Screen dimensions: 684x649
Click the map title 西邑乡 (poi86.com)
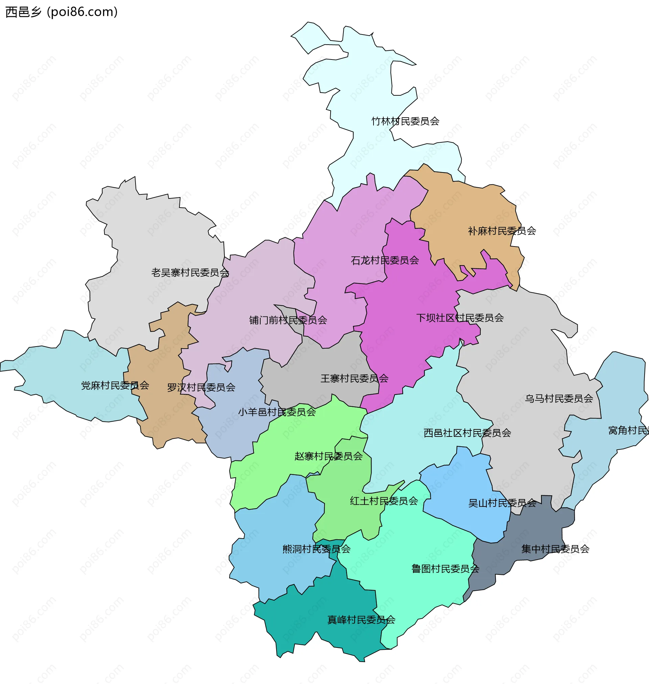pyautogui.click(x=62, y=12)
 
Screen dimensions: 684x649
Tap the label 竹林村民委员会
pyautogui.click(x=405, y=121)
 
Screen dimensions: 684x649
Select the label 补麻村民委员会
pyautogui.click(x=502, y=231)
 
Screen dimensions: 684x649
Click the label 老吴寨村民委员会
pyautogui.click(x=190, y=273)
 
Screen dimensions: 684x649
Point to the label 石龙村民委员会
pyautogui.click(x=385, y=260)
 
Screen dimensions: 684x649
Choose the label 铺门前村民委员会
pyautogui.click(x=288, y=320)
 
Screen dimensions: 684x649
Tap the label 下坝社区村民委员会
pyautogui.click(x=459, y=317)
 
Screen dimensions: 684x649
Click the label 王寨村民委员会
pyautogui.click(x=354, y=378)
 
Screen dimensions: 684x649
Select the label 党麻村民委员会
pyautogui.click(x=115, y=385)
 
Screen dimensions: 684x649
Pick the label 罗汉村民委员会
pyautogui.click(x=201, y=387)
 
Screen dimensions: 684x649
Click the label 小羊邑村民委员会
pyautogui.click(x=277, y=412)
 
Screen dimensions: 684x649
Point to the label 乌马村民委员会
pyautogui.click(x=559, y=399)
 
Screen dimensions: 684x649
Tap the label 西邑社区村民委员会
pyautogui.click(x=467, y=433)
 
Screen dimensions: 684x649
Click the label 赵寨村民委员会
pyautogui.click(x=328, y=456)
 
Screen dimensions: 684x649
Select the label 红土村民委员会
pyautogui.click(x=384, y=501)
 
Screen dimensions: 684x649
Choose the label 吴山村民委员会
pyautogui.click(x=502, y=503)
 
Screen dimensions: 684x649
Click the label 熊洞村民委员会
pyautogui.click(x=316, y=549)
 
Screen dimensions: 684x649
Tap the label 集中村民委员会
pyautogui.click(x=555, y=549)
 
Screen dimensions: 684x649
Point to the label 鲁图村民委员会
pyautogui.click(x=445, y=569)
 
